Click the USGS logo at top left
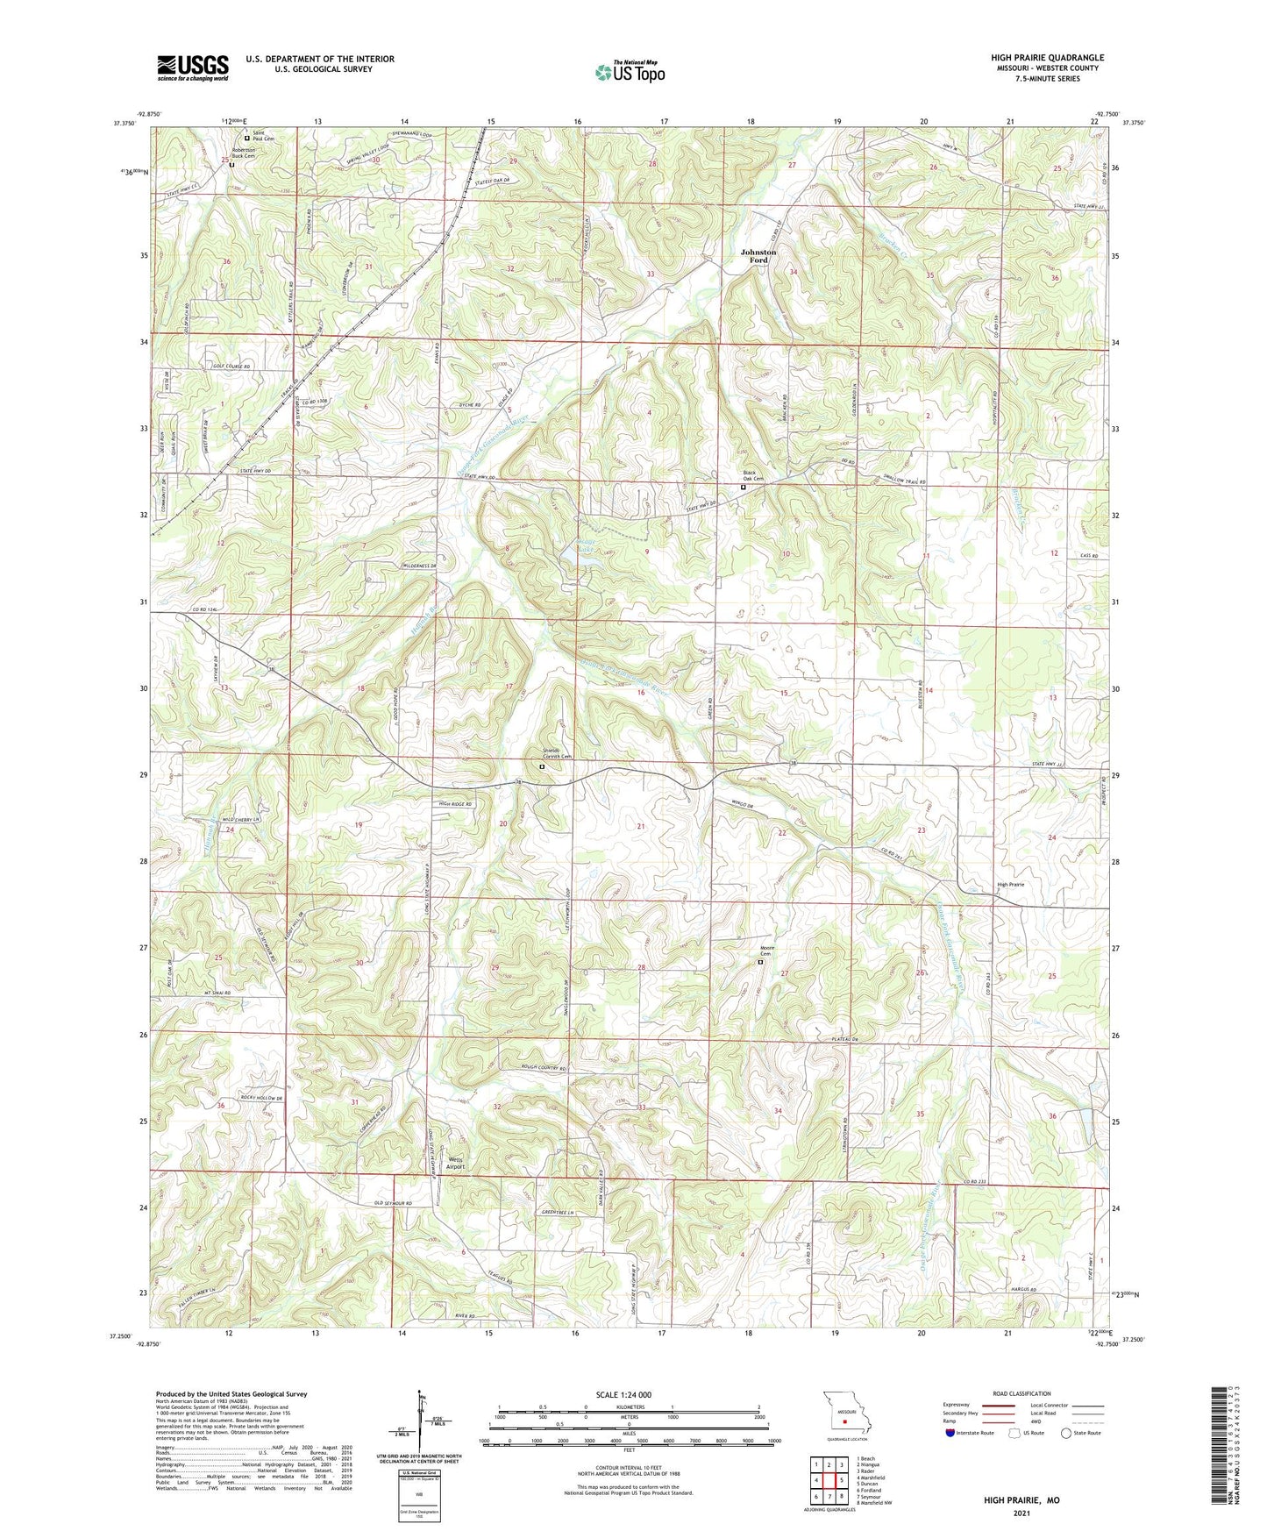click(x=193, y=68)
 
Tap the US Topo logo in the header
click(x=630, y=72)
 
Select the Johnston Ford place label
click(x=758, y=256)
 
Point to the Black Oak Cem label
click(x=754, y=474)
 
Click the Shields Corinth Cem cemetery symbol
click(x=542, y=766)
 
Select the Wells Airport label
click(x=454, y=1164)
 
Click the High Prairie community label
click(x=1010, y=884)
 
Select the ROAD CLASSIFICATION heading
click(x=1021, y=1393)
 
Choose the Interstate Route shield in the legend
click(x=950, y=1433)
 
